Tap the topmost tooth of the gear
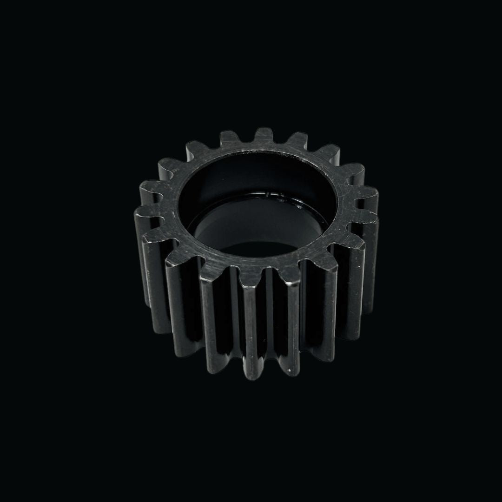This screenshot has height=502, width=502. pos(263,135)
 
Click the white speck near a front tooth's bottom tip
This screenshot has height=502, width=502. pos(291,370)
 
